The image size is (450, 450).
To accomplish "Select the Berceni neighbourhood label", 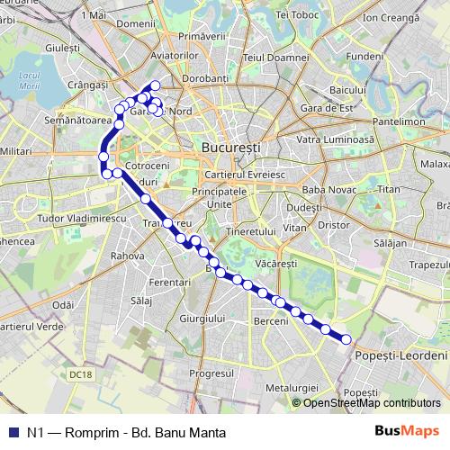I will point(271,321).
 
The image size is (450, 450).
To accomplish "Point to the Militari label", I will point(17,157).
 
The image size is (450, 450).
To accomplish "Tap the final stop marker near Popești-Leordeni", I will point(346,338).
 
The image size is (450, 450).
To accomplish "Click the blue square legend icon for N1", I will point(13,432).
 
